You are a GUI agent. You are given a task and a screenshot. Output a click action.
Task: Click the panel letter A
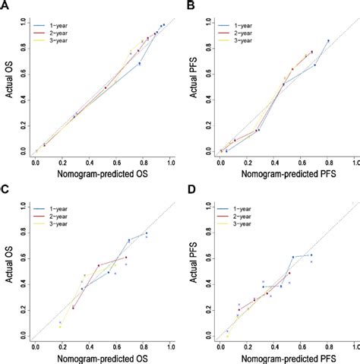[x=5, y=7]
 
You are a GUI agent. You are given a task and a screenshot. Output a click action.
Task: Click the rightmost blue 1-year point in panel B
[x=328, y=40]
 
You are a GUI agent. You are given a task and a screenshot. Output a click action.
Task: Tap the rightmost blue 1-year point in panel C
[x=147, y=233]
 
